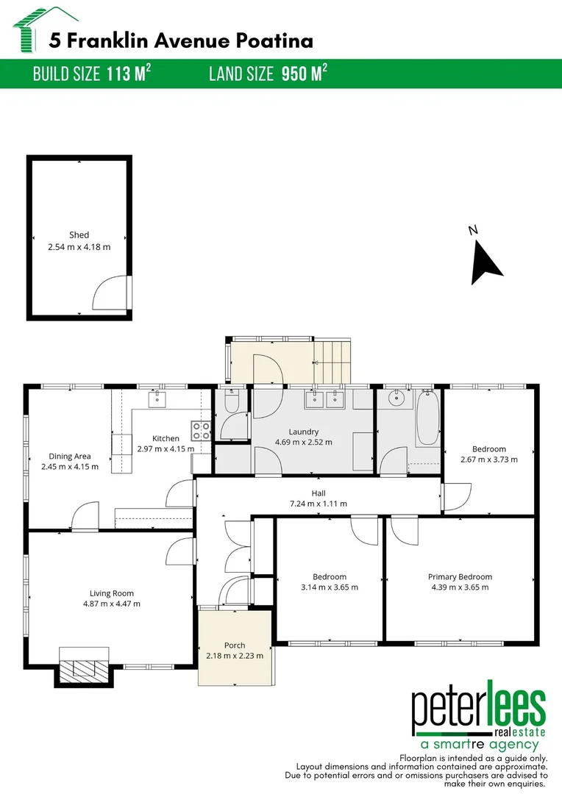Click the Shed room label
pyautogui.click(x=79, y=235)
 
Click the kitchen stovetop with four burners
pyautogui.click(x=202, y=431)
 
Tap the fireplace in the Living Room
pyautogui.click(x=84, y=668)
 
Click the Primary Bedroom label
pyautogui.click(x=460, y=577)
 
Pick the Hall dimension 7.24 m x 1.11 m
pyautogui.click(x=318, y=504)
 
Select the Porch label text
pyautogui.click(x=235, y=645)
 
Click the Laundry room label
pyautogui.click(x=303, y=432)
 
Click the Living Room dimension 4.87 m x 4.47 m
pyautogui.click(x=112, y=604)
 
